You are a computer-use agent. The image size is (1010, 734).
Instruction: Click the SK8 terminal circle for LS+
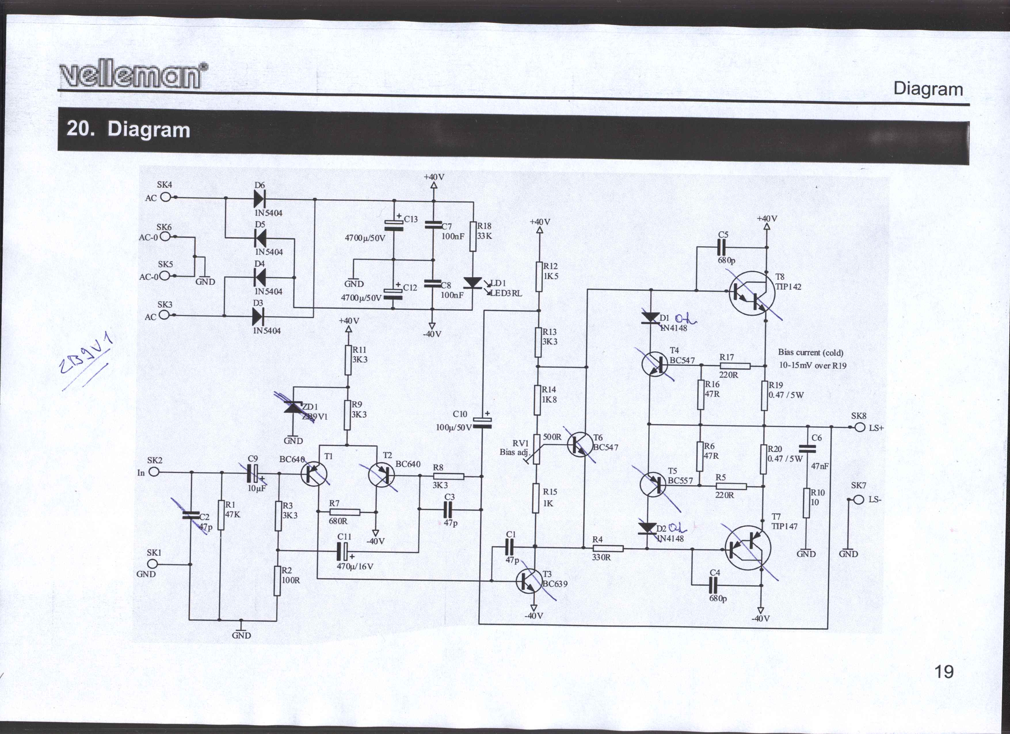point(860,427)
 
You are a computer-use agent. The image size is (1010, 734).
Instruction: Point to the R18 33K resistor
point(473,236)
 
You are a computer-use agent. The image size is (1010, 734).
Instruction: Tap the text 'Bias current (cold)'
point(811,352)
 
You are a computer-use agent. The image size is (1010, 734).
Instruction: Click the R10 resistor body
point(806,503)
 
